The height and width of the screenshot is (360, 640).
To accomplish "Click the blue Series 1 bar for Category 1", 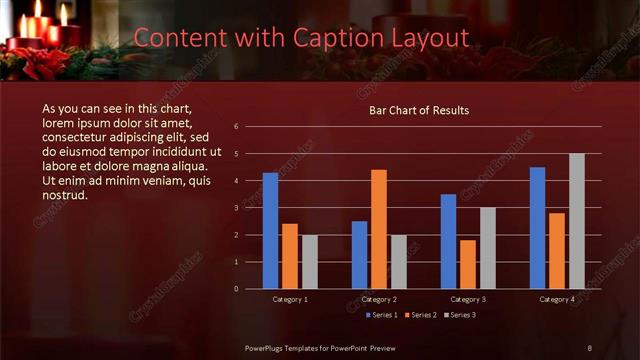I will pos(270,231).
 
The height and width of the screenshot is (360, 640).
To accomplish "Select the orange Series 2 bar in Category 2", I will pos(379,229).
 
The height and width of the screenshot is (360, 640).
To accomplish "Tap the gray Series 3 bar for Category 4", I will pos(577,221).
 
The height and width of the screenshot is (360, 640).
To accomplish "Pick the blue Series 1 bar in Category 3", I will pos(448,241).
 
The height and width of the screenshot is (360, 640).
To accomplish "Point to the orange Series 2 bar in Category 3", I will pos(468,264).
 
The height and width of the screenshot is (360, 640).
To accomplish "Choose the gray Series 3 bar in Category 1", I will pos(310,262).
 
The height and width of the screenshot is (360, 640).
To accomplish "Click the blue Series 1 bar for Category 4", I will pos(537,228).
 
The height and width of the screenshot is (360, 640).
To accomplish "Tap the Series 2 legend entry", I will pos(421,315).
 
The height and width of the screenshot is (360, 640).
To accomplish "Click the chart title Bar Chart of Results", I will pos(419,110).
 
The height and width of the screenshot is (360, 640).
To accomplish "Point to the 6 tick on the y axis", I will pos(236,127).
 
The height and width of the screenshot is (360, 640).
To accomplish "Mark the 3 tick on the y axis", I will pos(236,208).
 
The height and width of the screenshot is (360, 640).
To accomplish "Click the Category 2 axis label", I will pos(379,299).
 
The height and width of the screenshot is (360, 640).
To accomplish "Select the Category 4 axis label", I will pos(557,299).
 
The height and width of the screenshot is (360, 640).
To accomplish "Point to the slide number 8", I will pos(589,347).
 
